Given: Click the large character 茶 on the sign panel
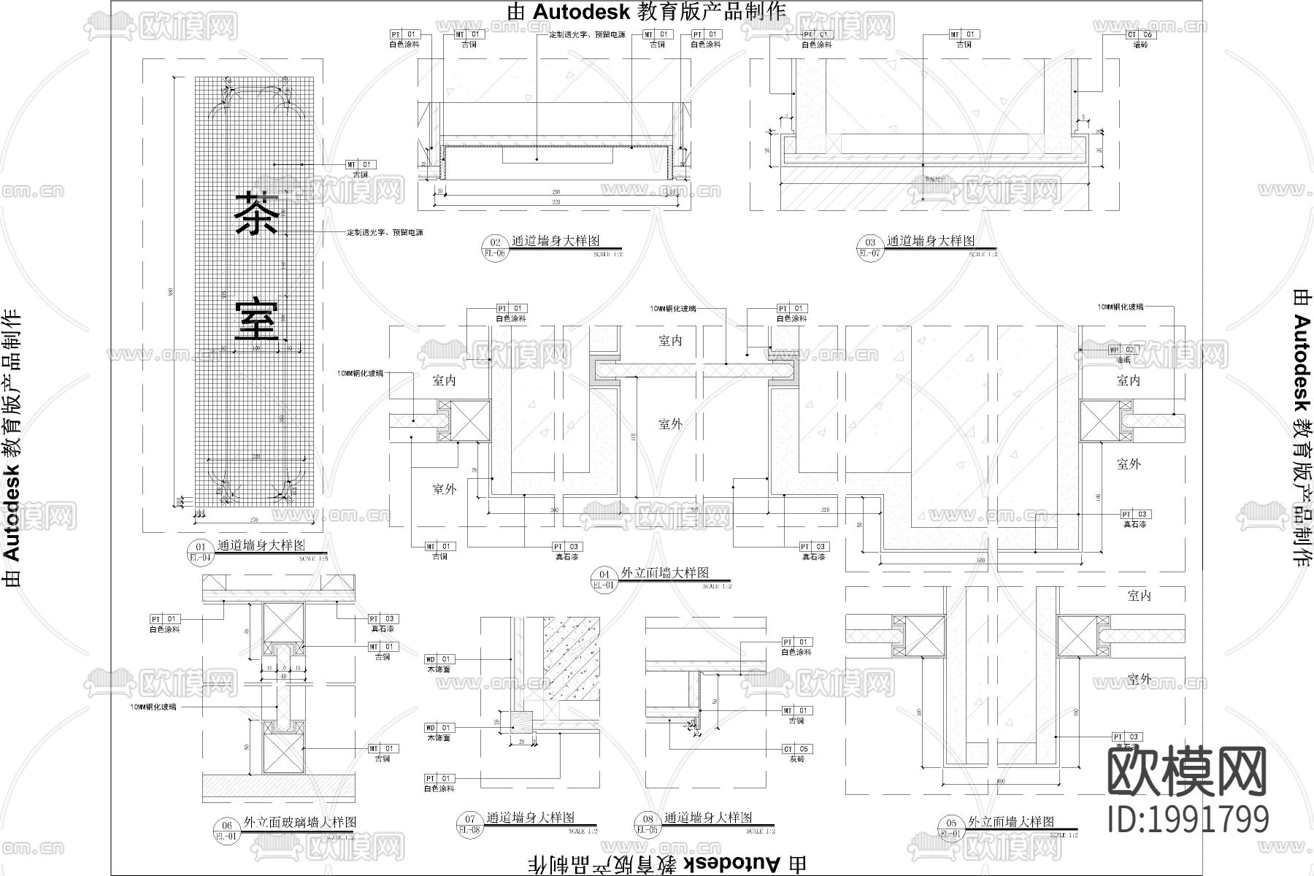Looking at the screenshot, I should point(256,213).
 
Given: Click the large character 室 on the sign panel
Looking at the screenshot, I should point(256,318).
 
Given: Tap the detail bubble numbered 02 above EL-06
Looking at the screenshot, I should point(496,243).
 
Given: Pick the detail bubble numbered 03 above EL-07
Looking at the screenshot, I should point(870,243).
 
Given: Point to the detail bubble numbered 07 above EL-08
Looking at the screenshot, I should point(470,820).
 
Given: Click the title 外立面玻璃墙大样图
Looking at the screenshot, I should point(300,822).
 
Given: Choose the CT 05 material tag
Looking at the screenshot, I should point(796,749).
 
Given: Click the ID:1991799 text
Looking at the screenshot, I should point(1188,819).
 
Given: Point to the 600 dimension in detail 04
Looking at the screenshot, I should point(982,560).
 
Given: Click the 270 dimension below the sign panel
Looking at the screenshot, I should point(254,520).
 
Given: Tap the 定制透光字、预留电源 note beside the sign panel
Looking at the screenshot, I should point(385,233).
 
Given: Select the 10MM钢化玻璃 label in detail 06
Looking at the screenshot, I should point(153,707).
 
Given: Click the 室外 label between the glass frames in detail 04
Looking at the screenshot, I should point(669,424).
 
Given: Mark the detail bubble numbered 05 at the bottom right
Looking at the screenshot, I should point(951,823).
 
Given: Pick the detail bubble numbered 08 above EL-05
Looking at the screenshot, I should point(648,820).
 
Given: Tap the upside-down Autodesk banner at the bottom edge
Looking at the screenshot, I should point(666,864).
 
